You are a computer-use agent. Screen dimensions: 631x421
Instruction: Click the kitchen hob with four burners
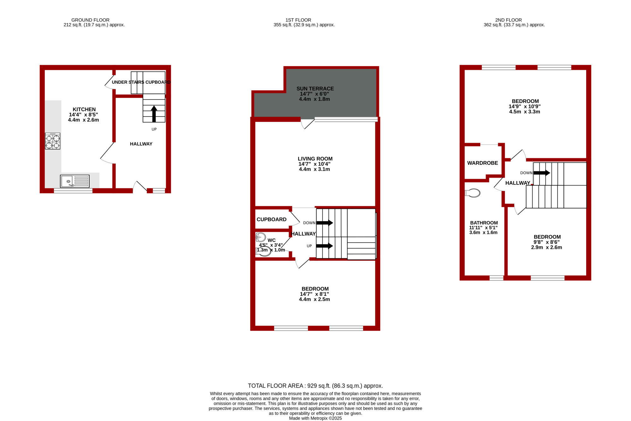[52, 141]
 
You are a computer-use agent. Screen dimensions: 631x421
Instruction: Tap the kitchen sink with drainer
[75, 181]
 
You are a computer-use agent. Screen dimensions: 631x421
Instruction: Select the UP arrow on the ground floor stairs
[154, 114]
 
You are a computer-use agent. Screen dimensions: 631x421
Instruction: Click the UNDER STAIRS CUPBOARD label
[141, 82]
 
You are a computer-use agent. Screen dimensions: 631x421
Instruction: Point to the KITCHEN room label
[84, 109]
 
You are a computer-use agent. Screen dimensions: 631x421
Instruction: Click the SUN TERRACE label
[315, 89]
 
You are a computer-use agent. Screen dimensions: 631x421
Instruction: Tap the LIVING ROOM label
[315, 159]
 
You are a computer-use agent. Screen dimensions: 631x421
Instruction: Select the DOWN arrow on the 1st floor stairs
[325, 223]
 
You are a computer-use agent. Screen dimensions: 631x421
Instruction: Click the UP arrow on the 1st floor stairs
[325, 246]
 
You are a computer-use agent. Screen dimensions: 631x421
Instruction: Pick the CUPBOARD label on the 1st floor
[272, 220]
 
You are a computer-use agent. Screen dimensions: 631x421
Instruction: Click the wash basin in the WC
[261, 237]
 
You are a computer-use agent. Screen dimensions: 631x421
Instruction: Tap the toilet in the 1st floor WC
[263, 251]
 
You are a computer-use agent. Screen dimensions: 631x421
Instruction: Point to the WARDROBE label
[483, 163]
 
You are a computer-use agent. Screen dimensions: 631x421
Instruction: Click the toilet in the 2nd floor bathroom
[473, 193]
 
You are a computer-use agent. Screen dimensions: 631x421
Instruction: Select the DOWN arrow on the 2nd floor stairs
[542, 173]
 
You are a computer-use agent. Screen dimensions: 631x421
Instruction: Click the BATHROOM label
[484, 223]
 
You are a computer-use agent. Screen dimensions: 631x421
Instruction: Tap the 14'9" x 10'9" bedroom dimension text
[525, 106]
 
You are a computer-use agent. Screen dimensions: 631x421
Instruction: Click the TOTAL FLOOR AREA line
[315, 386]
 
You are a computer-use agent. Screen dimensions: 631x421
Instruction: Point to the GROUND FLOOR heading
[90, 20]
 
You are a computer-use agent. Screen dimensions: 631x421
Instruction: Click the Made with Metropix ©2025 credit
[315, 418]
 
